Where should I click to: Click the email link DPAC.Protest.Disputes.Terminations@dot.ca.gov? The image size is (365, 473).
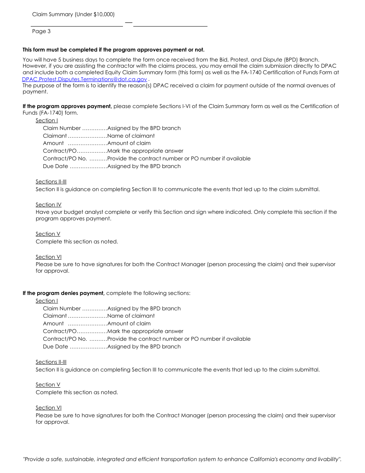click(x=85, y=79)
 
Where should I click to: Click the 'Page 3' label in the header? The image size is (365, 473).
click(x=41, y=31)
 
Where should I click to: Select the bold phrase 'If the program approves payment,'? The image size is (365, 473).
click(x=67, y=106)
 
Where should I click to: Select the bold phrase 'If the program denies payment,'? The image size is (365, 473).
click(x=63, y=293)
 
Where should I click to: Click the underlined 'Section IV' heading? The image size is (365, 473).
click(x=48, y=205)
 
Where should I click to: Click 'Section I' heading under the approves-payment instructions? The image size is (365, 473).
click(x=47, y=120)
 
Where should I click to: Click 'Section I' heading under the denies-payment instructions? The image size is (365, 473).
click(x=47, y=301)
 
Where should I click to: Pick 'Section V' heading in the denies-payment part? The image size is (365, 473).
click(x=48, y=385)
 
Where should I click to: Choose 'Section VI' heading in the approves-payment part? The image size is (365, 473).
click(x=48, y=257)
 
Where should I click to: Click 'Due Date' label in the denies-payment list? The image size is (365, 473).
click(x=55, y=346)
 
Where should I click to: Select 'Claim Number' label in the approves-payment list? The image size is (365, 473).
click(x=62, y=128)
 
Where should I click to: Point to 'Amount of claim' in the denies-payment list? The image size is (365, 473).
click(x=129, y=323)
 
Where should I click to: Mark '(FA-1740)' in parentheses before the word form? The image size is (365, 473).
click(x=42, y=113)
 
